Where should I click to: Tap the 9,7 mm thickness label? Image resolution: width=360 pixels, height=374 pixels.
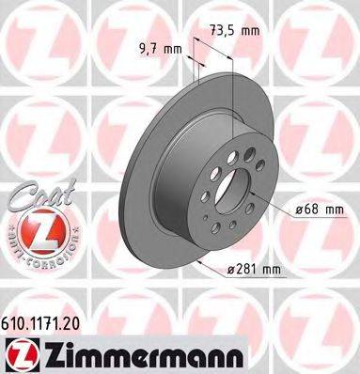point(159,47)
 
